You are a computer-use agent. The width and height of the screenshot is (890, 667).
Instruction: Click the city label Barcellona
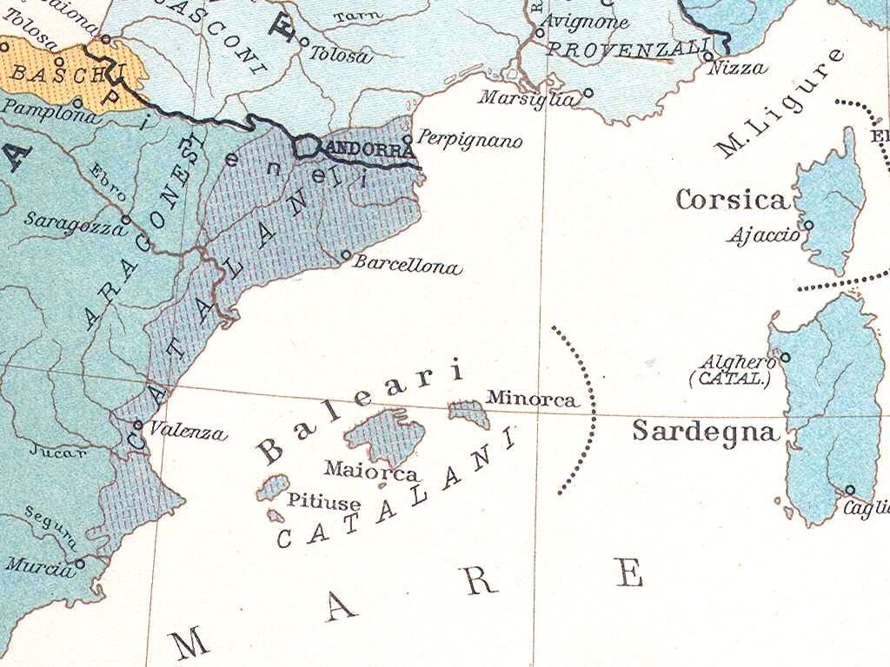[x=407, y=266]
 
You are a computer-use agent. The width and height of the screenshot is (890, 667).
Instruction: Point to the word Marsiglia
[x=527, y=98]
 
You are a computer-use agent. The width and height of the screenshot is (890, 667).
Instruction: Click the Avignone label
[x=585, y=23]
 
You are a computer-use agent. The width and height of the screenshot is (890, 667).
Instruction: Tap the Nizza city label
[x=736, y=68]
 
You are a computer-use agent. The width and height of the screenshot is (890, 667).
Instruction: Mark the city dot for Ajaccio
[x=808, y=225]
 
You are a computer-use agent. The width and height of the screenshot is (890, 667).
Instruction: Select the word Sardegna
[x=705, y=431]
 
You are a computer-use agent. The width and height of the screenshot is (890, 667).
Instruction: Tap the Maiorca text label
[x=371, y=472]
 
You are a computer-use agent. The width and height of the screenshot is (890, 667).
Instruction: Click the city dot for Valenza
[x=138, y=425]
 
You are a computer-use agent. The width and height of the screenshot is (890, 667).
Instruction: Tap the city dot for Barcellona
[x=345, y=255]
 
